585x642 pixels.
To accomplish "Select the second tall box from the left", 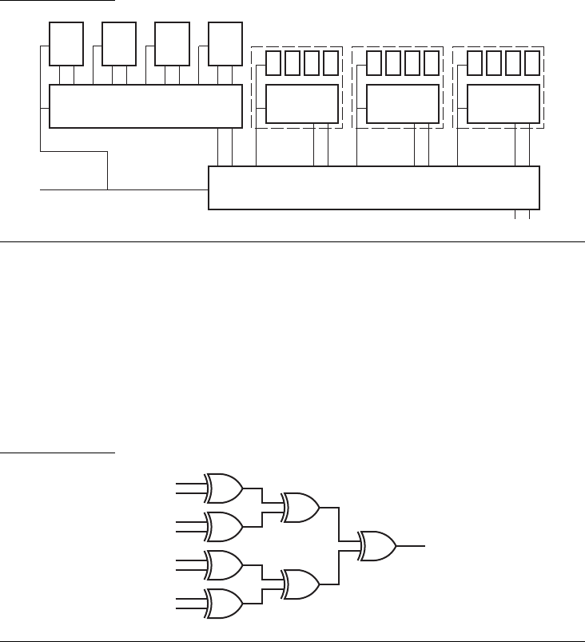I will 119,43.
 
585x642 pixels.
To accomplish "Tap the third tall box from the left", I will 172,43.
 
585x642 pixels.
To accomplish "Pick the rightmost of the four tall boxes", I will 225,43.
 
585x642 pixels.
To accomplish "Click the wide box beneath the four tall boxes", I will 145,106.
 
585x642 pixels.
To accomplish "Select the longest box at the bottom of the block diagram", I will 374,188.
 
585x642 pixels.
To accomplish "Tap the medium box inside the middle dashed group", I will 402,104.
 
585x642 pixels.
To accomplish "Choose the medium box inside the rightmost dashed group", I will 503,104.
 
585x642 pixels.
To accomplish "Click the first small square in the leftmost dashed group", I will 273,62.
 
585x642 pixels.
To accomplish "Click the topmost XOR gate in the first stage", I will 225,486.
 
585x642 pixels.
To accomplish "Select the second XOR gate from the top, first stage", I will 225,525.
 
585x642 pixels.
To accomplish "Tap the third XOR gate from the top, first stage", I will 225,564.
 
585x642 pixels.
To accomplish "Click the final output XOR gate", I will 378,545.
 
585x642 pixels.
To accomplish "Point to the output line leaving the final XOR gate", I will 412,545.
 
